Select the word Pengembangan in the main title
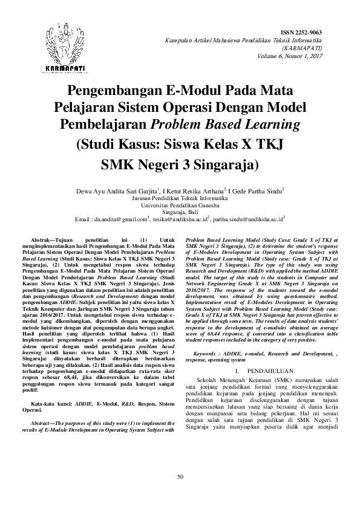(x=113, y=92)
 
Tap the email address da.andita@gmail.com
(x=122, y=219)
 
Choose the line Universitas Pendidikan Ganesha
(x=180, y=204)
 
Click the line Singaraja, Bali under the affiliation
(x=180, y=212)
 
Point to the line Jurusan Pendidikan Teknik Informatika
(x=180, y=197)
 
